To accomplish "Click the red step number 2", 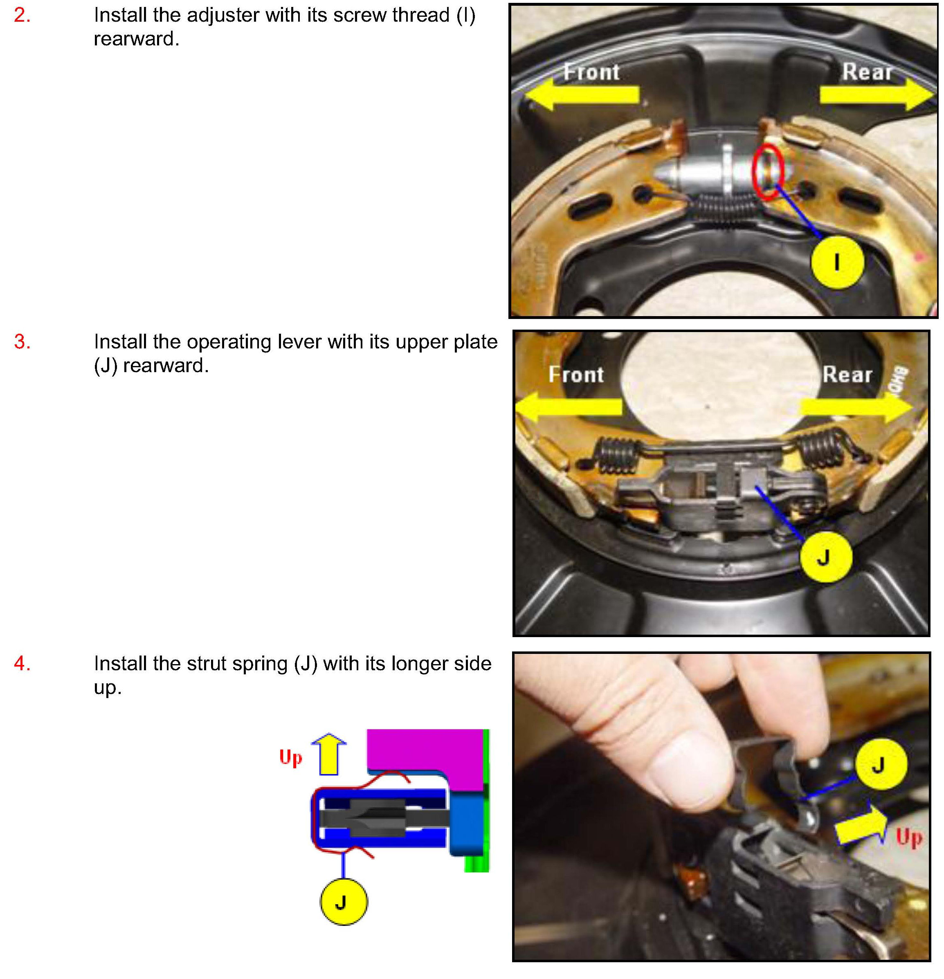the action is [x=22, y=16].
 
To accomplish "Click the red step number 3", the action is [x=22, y=342].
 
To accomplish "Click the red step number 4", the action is [x=22, y=664].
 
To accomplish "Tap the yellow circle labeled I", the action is [x=837, y=262].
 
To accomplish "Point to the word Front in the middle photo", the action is [x=576, y=375].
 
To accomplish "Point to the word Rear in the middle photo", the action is [x=847, y=375].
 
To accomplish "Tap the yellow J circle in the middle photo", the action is [x=826, y=557].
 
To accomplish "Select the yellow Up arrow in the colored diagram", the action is [x=329, y=754].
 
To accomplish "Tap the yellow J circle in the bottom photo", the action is [x=881, y=764].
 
